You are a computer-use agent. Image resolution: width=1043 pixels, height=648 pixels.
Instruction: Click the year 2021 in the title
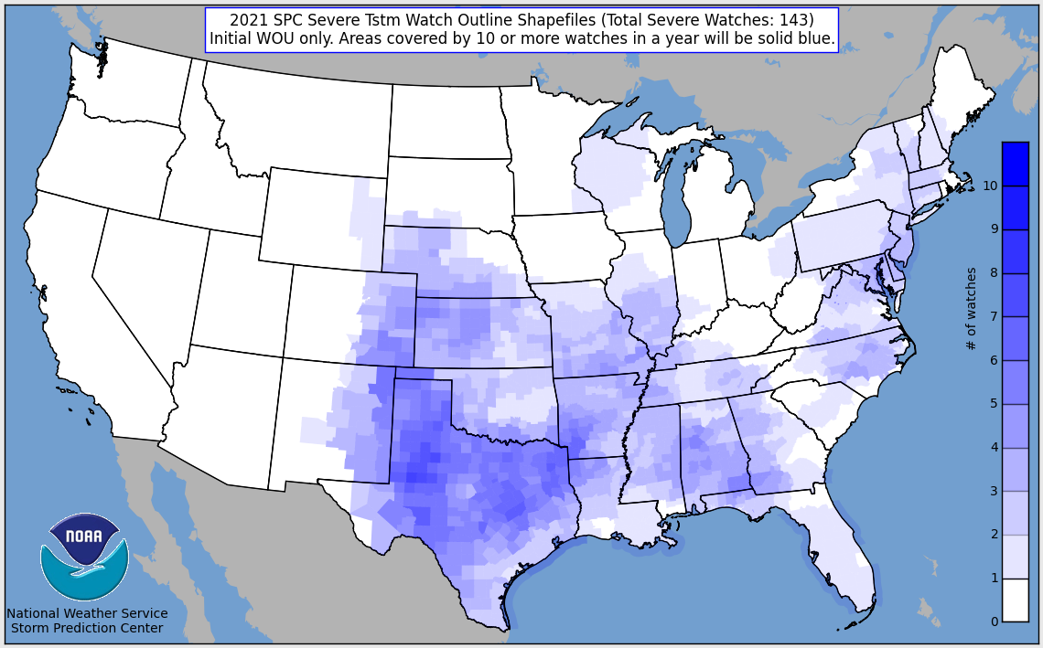click(247, 20)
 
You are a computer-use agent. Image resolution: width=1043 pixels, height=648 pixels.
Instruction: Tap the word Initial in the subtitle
click(232, 38)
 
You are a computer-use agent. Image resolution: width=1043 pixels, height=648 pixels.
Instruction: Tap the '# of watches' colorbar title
click(972, 309)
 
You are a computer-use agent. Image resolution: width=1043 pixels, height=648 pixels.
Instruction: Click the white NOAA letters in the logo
click(84, 536)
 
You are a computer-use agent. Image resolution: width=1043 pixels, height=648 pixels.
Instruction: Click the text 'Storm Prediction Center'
click(87, 628)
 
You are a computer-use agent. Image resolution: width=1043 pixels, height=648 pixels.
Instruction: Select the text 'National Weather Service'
click(87, 613)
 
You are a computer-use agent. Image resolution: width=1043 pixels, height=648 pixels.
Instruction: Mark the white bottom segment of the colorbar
click(1015, 600)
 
